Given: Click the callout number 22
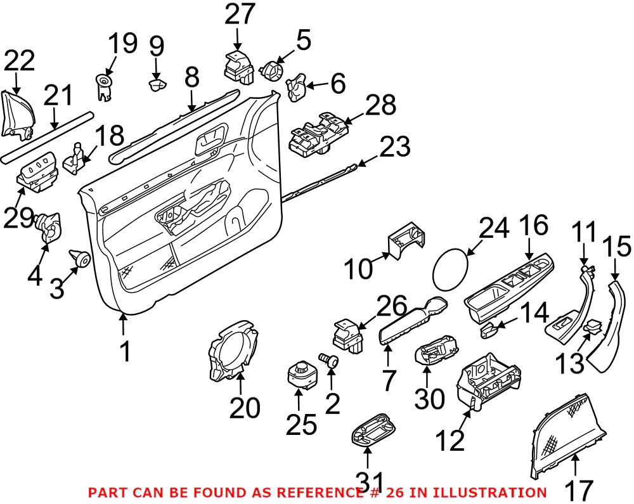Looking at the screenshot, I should [20, 62].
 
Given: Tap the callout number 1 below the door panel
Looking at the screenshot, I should [126, 351].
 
